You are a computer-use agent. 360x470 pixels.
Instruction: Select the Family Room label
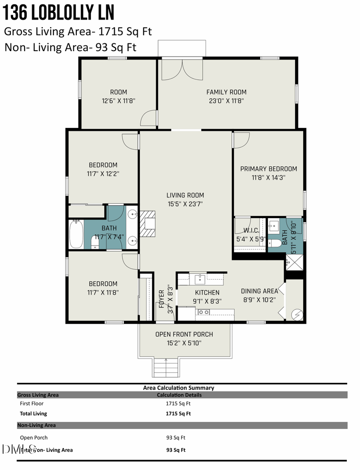[x=226, y=92]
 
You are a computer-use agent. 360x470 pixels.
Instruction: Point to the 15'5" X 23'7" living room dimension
[x=185, y=203]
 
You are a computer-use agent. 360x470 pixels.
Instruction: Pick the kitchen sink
[x=199, y=278]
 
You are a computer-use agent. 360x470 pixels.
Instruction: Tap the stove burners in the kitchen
[x=204, y=312]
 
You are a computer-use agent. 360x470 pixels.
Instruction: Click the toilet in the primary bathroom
[x=275, y=243]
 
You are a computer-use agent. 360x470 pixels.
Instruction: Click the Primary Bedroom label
[x=268, y=169]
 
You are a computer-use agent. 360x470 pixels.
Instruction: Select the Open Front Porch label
[x=184, y=334]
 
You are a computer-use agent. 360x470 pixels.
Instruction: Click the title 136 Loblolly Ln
[x=58, y=13]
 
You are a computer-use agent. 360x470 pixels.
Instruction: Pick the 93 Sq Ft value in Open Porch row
[x=176, y=438]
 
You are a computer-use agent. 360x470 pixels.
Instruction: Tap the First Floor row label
[x=32, y=404]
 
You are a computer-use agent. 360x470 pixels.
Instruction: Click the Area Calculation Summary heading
[x=178, y=388]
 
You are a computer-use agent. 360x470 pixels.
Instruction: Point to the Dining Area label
[x=259, y=291]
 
